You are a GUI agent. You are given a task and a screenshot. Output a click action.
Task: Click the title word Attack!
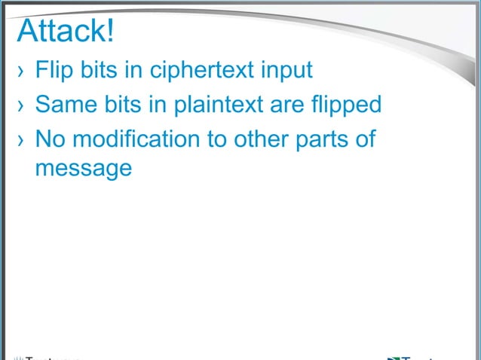point(65,32)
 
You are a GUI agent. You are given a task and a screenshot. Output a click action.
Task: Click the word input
point(286,72)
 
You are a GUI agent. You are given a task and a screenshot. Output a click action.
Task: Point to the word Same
point(63,104)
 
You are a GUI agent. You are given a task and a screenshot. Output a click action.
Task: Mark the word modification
point(147,139)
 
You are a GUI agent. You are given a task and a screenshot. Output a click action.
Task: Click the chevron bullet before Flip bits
point(21,72)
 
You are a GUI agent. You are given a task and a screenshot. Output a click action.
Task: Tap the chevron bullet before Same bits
point(21,105)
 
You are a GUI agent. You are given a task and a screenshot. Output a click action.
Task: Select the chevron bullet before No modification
point(21,141)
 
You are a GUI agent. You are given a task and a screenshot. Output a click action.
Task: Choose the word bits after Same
point(119,104)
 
